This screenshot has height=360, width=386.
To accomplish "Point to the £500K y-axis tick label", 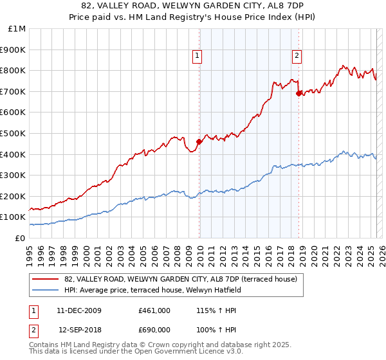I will [14, 133].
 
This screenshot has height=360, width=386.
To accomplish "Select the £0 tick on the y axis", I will [21, 238].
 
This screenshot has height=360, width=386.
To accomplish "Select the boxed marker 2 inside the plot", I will [297, 56].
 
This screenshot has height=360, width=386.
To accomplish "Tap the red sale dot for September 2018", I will [299, 93].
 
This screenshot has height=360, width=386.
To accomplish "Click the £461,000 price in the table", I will [154, 310].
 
